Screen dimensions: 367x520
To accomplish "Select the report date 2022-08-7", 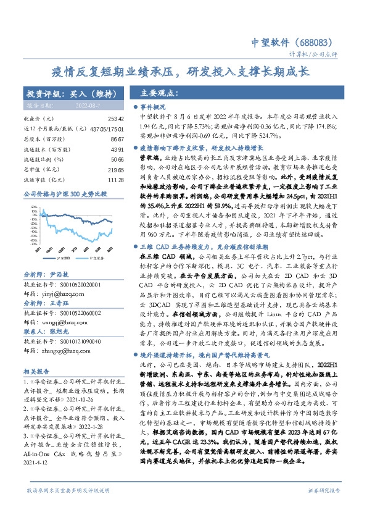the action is click(99, 106).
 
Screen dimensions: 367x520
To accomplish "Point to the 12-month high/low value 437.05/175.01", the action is click(104, 128).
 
